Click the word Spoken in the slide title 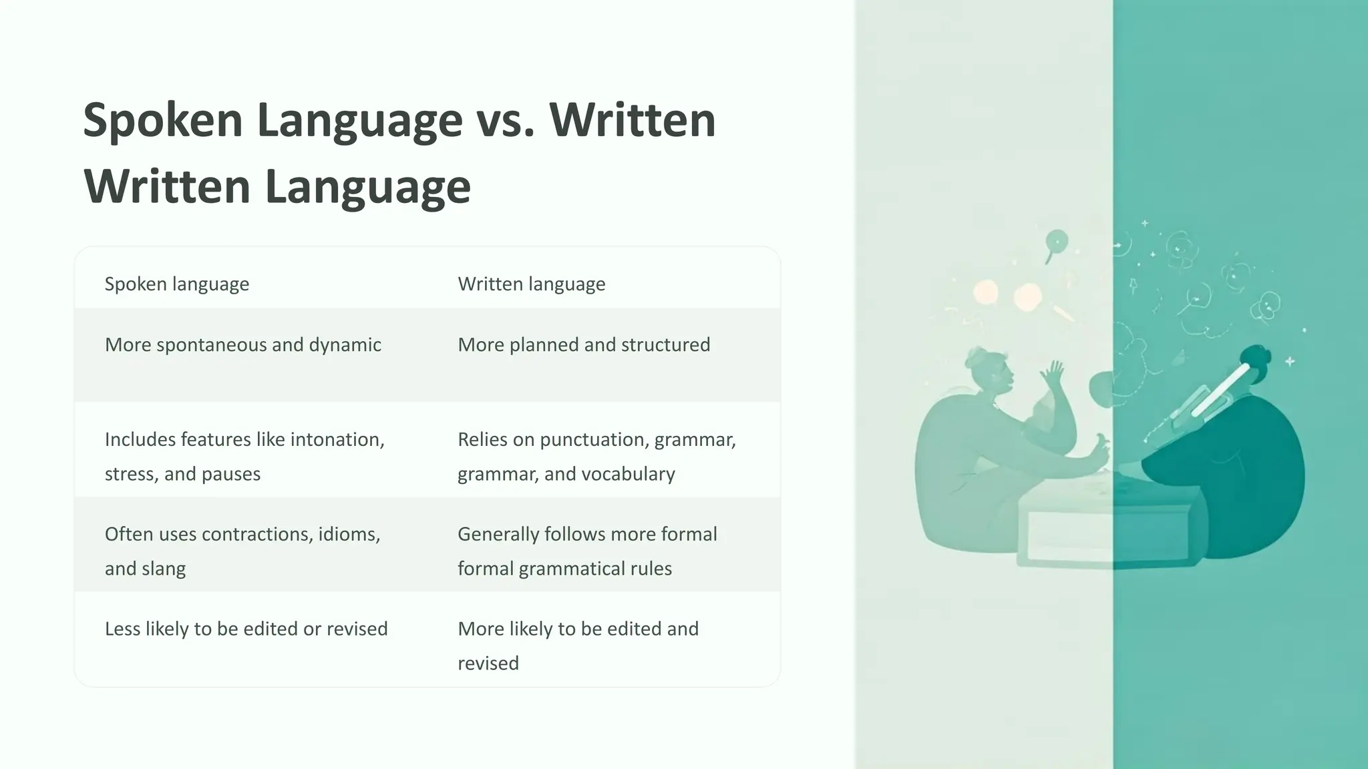pyautogui.click(x=162, y=120)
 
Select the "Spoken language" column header pyautogui.click(x=177, y=284)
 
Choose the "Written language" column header pyautogui.click(x=531, y=284)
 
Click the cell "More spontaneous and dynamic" pyautogui.click(x=242, y=344)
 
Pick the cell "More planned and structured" pyautogui.click(x=584, y=344)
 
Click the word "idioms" pyautogui.click(x=349, y=534)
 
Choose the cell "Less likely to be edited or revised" pyautogui.click(x=246, y=629)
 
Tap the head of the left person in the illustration pyautogui.click(x=992, y=374)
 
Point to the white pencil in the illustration pyautogui.click(x=1219, y=391)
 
